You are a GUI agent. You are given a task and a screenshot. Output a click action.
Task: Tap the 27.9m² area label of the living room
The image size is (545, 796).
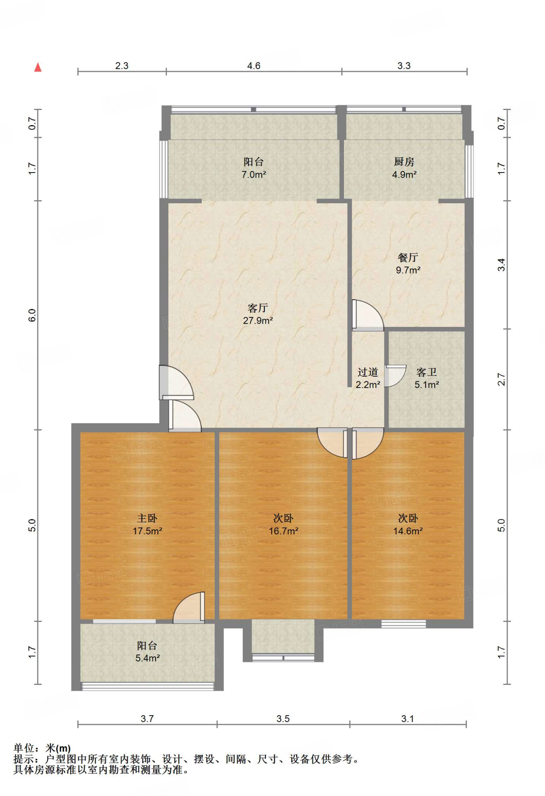coord(258,321)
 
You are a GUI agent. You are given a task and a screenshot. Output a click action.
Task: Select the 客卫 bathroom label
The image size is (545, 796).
coord(426,372)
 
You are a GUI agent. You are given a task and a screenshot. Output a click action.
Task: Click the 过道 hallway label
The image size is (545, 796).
coord(368,372)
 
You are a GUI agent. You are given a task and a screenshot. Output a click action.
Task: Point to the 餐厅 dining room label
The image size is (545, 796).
coord(408,257)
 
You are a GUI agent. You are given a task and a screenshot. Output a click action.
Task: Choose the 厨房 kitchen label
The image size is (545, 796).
coord(404,162)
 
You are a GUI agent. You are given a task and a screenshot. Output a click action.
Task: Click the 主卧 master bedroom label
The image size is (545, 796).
coord(147,518)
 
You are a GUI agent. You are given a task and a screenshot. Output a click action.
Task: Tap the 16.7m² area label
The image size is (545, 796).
coord(283,531)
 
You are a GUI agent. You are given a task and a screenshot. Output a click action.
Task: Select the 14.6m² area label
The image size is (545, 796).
coord(408,531)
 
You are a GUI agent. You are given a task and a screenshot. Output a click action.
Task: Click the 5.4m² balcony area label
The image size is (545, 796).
coord(148,658)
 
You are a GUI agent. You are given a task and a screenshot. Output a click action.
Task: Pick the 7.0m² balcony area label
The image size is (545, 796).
coord(254,175)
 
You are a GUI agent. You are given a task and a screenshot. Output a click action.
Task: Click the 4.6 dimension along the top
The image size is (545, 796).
coord(254,66)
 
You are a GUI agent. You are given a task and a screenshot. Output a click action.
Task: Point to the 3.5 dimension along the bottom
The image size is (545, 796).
coord(283,719)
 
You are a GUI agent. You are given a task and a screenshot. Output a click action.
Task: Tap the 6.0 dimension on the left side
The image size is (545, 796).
coord(32,315)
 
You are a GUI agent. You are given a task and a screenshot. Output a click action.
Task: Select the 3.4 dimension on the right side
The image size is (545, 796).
coord(502,265)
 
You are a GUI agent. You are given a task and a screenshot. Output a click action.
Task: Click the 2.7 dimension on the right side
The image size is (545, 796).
coord(502,379)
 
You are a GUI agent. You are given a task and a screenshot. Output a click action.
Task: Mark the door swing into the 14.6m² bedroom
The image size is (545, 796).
coord(368,443)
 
